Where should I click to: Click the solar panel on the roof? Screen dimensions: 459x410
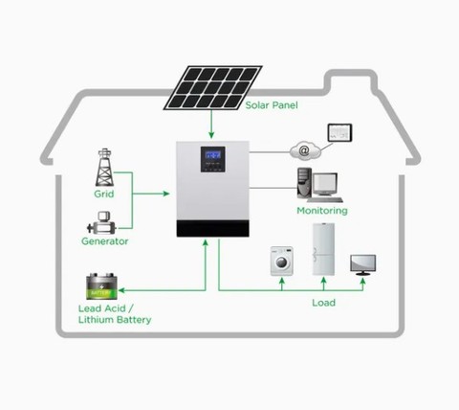tap(212, 87)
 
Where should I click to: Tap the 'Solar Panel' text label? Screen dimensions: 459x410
tap(272, 105)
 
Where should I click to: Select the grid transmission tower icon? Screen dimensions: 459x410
tap(104, 168)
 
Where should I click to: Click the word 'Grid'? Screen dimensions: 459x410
tap(104, 194)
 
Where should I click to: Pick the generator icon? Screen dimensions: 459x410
tap(101, 223)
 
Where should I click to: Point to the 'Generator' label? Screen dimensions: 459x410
tap(105, 241)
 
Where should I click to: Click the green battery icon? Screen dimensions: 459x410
tap(101, 286)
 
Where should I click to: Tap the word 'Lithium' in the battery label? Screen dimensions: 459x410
tap(96, 320)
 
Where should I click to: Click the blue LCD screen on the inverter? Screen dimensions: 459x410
tap(213, 155)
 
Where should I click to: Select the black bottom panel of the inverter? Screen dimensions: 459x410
tap(212, 229)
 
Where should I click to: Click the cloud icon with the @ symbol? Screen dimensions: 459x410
tap(305, 150)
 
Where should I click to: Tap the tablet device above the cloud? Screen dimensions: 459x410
tap(340, 132)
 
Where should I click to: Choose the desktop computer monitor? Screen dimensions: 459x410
tap(325, 185)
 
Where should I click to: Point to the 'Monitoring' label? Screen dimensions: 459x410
tap(322, 211)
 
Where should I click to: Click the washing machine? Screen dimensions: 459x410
tap(282, 261)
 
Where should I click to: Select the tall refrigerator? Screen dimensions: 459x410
tap(323, 249)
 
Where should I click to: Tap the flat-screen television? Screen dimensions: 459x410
tap(363, 265)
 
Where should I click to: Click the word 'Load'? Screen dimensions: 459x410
tap(323, 303)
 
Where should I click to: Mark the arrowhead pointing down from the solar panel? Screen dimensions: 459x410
tap(211, 135)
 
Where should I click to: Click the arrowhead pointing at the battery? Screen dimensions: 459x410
tap(121, 290)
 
